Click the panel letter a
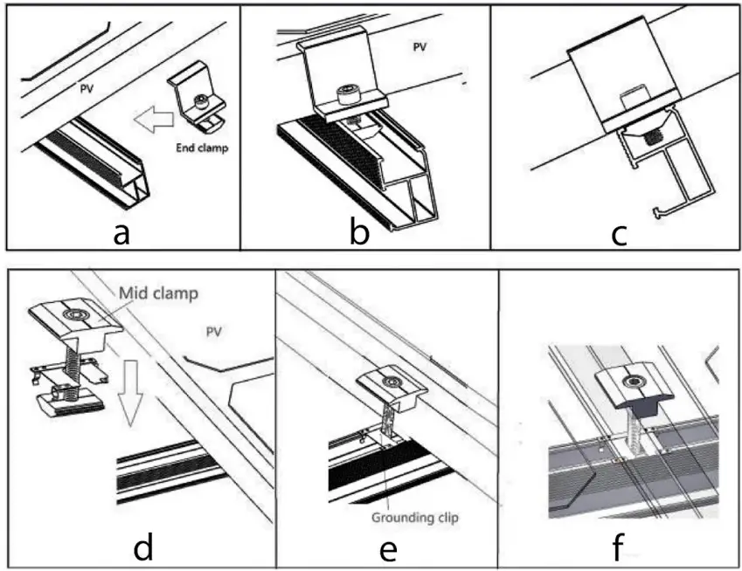[x=122, y=233]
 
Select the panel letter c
[x=619, y=233]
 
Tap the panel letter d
[x=144, y=549]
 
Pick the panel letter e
[x=390, y=549]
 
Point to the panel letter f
[x=619, y=549]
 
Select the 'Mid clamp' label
[x=158, y=293]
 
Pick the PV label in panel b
[x=420, y=49]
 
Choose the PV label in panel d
[x=212, y=331]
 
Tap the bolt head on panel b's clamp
[x=348, y=93]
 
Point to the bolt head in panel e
[x=392, y=382]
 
